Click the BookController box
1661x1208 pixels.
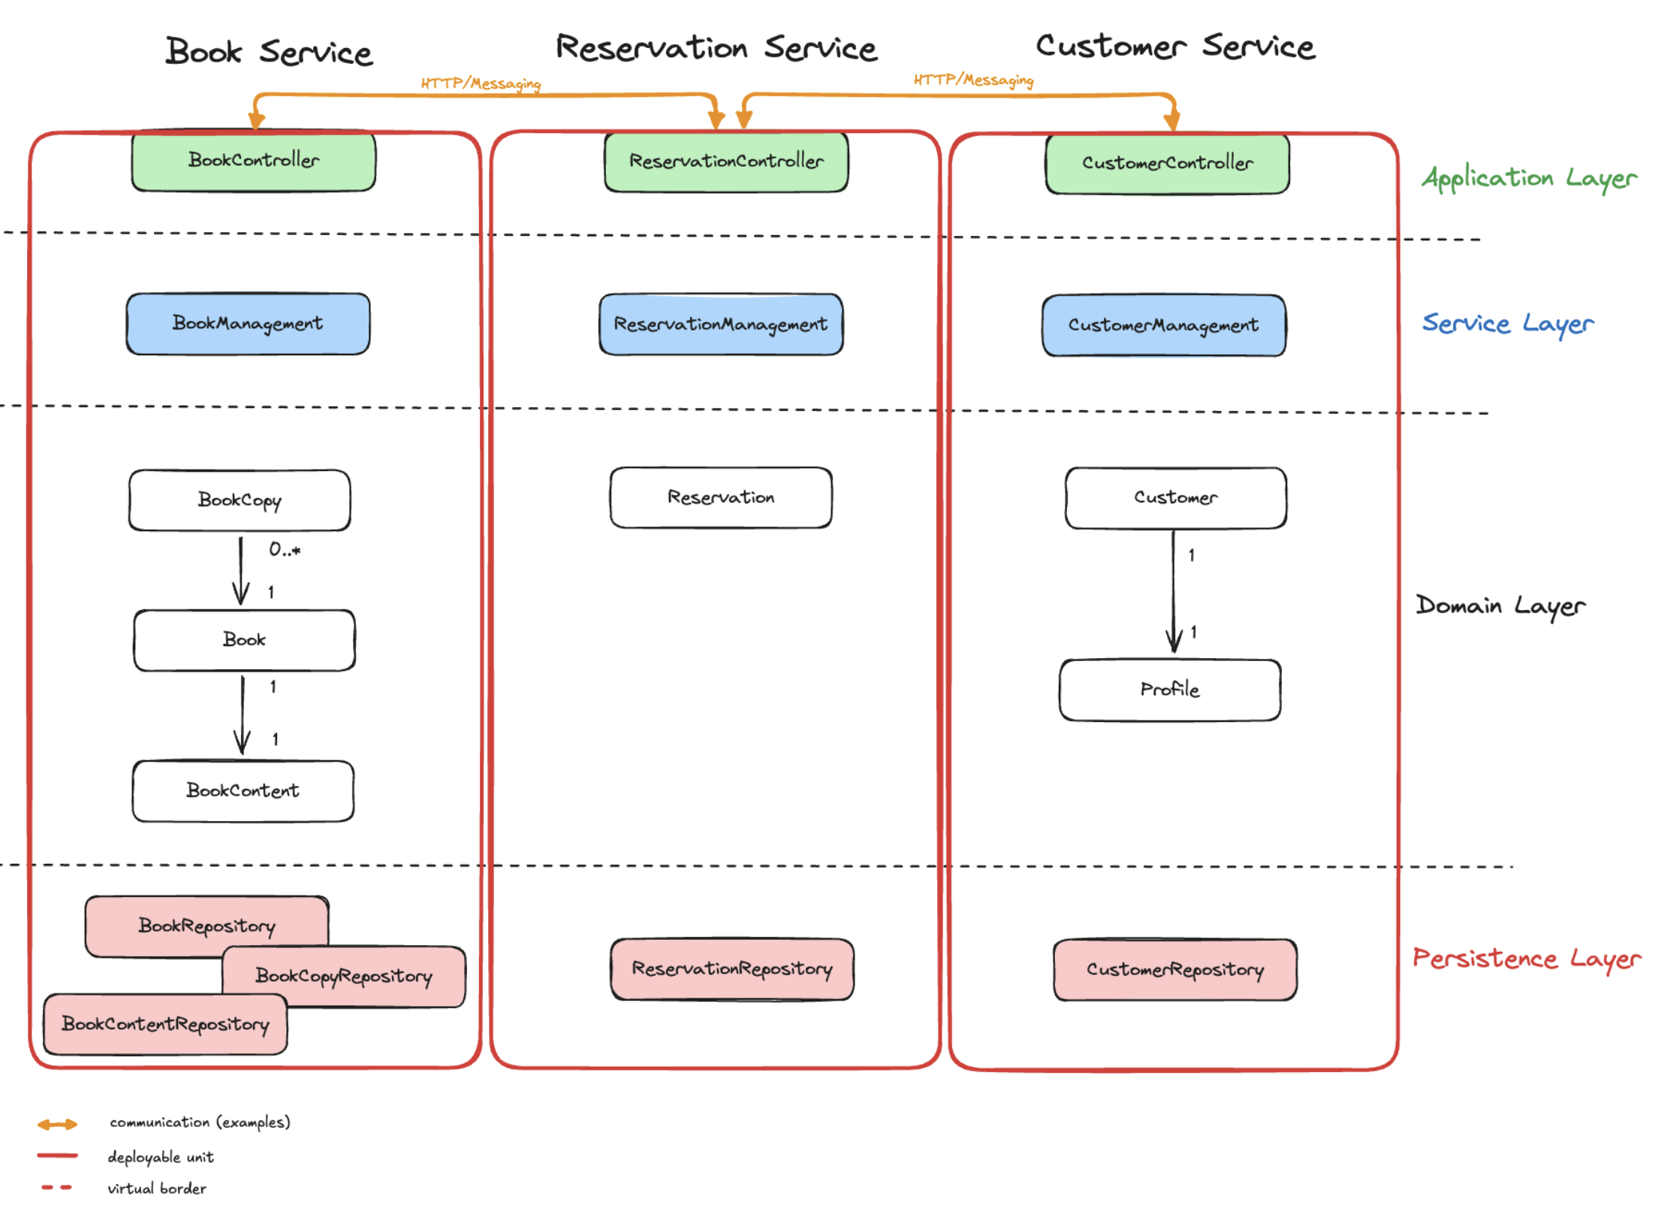coord(254,161)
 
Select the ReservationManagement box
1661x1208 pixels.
coord(721,325)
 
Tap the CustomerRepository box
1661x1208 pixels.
coord(1174,970)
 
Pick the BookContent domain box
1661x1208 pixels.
coord(243,791)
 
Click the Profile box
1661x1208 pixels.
coord(1169,690)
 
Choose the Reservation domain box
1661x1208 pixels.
coord(721,497)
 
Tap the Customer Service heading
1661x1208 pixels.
coord(1175,47)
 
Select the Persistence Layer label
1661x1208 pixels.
coord(1527,959)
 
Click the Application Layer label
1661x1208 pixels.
coord(1529,178)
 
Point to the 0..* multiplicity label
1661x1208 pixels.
coord(285,550)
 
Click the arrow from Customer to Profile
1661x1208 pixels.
coord(1174,593)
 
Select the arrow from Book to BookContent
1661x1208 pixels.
coord(242,714)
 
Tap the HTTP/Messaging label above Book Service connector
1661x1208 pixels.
coord(481,83)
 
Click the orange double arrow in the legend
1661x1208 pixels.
coord(57,1125)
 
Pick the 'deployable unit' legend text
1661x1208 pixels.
coord(161,1157)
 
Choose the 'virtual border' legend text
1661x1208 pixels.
coord(157,1188)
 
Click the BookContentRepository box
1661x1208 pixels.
coord(165,1025)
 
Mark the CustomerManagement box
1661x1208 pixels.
coord(1163,325)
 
